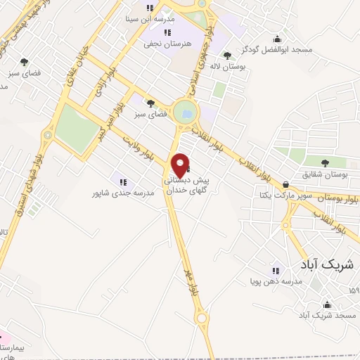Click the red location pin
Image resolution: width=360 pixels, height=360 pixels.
point(181,166)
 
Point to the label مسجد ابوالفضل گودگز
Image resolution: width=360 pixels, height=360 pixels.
point(276,51)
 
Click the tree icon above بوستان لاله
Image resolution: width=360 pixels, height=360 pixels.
point(226,56)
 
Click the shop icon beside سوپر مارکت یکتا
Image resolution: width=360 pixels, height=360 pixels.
point(285,184)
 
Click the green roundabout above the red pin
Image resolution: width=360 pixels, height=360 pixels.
point(186,111)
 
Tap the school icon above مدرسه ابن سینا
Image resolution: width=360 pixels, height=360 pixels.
point(149,8)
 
